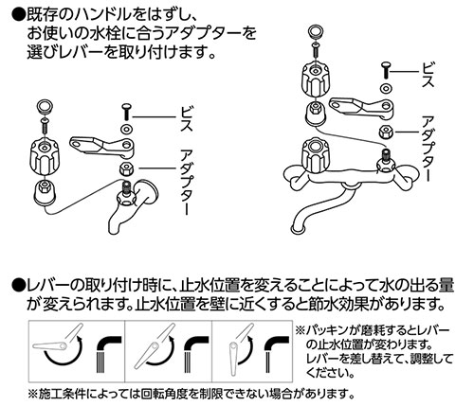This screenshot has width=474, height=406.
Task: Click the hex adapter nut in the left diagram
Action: tap(124, 168)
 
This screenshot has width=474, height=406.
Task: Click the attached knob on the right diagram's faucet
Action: tap(310, 151)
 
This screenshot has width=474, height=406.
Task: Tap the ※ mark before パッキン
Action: tap(300, 327)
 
